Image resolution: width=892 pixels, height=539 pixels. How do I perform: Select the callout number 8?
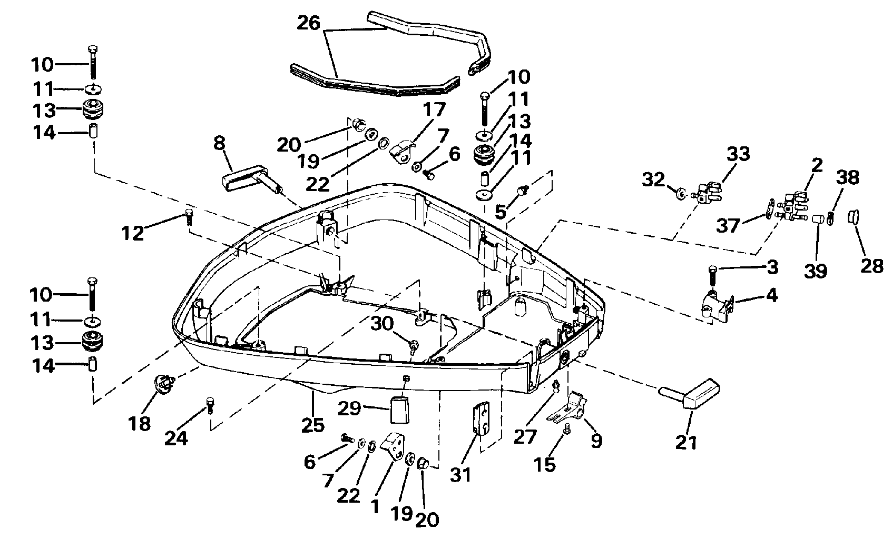(220, 143)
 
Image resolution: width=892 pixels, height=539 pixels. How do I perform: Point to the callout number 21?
(686, 442)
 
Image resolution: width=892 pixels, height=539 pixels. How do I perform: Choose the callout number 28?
(873, 265)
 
